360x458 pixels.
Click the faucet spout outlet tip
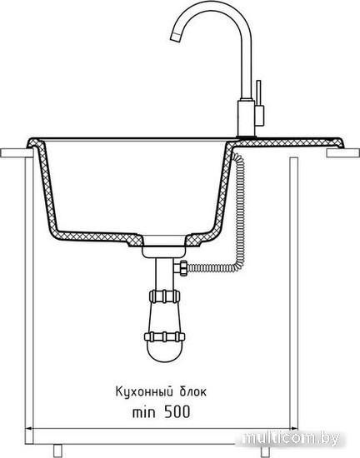[x=175, y=37]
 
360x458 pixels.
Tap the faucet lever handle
[x=258, y=93]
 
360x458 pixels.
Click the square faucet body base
[x=247, y=118]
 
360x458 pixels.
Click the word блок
[x=192, y=391]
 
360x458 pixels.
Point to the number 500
[x=177, y=412]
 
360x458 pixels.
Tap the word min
[x=144, y=412]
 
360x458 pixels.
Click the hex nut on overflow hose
[x=182, y=267]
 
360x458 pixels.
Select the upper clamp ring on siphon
[x=164, y=296]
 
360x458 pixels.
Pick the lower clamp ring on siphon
[x=165, y=336]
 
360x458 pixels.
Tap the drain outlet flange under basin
[x=164, y=251]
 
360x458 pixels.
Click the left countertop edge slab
[x=17, y=153]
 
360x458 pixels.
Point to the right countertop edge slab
[x=343, y=152]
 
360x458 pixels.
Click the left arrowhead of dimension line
[x=29, y=429]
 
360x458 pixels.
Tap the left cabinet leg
[x=57, y=451]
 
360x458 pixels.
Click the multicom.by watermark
[x=291, y=438]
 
